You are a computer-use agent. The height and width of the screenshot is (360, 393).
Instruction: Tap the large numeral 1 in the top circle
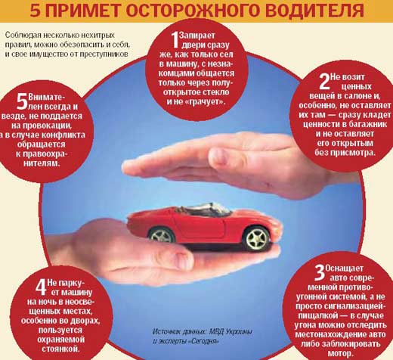[175, 40]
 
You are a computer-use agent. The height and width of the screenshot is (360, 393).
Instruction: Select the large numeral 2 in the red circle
[324, 82]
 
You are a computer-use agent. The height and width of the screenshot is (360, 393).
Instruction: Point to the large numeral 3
[320, 273]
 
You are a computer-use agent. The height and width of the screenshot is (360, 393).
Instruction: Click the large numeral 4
[41, 287]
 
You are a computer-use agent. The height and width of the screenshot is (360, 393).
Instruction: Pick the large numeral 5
[22, 101]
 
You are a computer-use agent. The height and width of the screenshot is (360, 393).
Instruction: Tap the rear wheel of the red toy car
[161, 236]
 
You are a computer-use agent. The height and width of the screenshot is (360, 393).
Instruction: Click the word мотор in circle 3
[339, 353]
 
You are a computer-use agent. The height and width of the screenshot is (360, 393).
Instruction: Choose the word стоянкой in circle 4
[60, 349]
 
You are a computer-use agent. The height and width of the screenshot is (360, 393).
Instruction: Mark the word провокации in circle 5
[48, 126]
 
